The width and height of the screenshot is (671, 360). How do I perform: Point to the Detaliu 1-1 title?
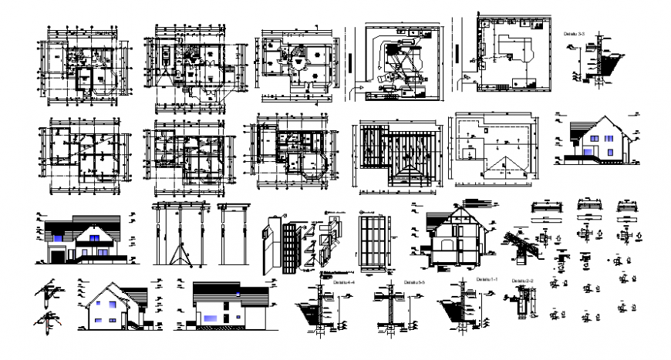487,278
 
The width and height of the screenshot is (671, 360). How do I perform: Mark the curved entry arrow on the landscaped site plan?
361,92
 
